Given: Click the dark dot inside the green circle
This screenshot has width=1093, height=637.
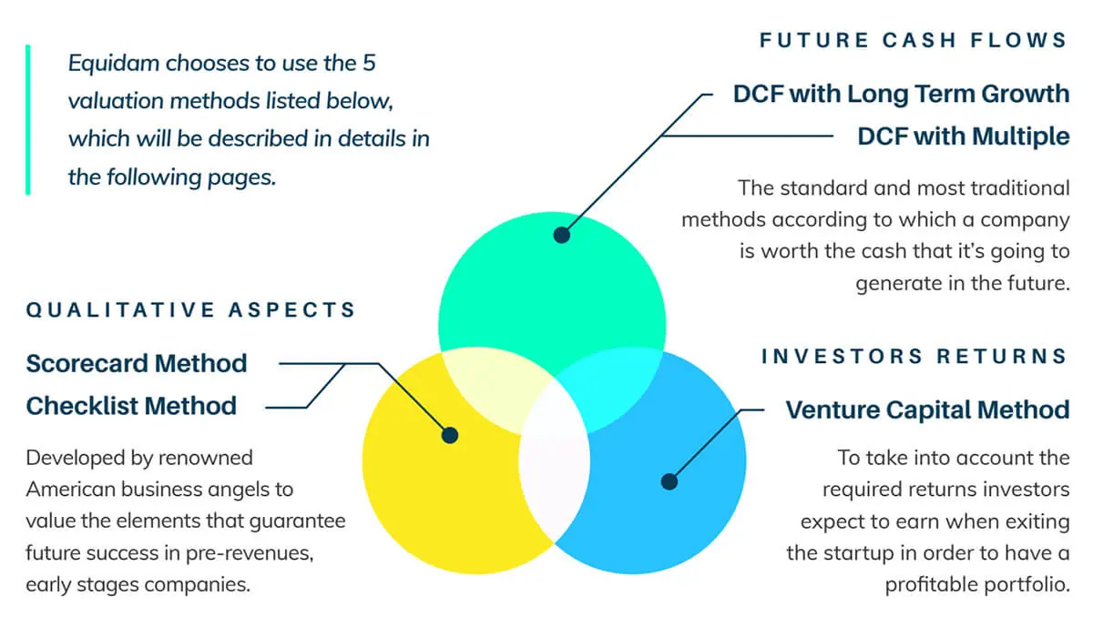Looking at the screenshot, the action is (x=562, y=235).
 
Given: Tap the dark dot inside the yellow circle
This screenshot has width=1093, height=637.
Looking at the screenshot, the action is (x=450, y=435).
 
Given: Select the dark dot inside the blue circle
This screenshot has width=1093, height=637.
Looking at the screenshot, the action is (x=669, y=482).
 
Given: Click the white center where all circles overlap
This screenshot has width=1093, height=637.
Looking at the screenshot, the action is (x=555, y=460).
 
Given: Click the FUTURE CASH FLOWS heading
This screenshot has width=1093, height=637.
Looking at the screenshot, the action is (x=914, y=40).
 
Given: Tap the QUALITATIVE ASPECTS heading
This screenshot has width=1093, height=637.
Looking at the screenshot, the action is (x=191, y=310).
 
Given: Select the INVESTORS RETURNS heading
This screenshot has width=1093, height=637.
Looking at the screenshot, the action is (x=914, y=357).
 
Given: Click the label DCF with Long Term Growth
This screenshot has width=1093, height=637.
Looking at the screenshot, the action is (x=901, y=94).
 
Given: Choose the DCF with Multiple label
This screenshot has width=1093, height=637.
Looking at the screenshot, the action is (x=964, y=136).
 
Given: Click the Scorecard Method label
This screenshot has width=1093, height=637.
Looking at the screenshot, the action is (x=137, y=364).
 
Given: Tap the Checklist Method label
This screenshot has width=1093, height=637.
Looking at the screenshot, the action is (x=131, y=406).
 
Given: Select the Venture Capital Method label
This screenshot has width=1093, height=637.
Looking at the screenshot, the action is (x=927, y=409).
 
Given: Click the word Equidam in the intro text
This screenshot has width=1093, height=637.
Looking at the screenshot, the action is (x=114, y=64).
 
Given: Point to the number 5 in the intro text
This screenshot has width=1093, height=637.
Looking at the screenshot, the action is (x=370, y=63).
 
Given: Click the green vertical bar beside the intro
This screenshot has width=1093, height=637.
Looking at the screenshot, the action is (x=28, y=120).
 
